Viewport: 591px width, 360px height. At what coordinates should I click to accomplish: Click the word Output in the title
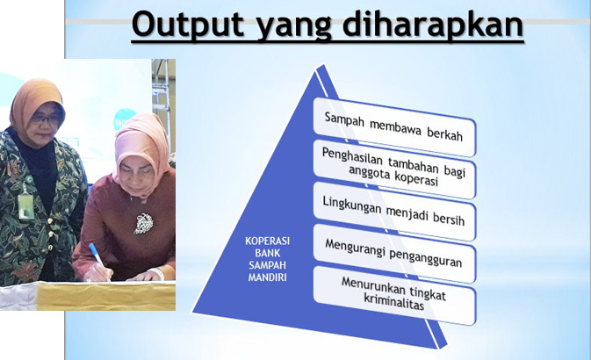[x=188, y=24]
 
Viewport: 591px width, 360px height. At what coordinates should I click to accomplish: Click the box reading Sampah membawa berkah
[x=394, y=127]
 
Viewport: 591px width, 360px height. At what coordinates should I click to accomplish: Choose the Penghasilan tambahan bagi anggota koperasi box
[x=394, y=169]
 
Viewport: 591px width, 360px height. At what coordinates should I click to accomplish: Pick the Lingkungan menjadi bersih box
[x=394, y=212]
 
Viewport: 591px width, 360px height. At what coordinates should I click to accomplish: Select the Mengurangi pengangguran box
[x=394, y=254]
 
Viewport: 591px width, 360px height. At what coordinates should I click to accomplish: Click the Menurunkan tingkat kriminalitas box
[x=394, y=296]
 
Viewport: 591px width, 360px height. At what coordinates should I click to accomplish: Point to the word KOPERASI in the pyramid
[x=267, y=241]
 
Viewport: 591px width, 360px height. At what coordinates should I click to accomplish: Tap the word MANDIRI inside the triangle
[x=267, y=277]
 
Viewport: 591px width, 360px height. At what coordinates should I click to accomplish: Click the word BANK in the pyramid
[x=267, y=253]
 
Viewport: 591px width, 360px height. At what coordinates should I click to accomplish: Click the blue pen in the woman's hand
[x=98, y=261]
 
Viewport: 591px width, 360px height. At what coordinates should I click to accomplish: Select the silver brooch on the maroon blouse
[x=143, y=223]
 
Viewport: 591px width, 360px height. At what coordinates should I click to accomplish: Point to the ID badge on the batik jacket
[x=25, y=205]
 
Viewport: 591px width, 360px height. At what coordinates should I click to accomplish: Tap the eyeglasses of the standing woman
[x=46, y=119]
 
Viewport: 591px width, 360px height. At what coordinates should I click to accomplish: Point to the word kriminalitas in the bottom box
[x=394, y=303]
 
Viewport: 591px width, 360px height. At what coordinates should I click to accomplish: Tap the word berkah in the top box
[x=444, y=133]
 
